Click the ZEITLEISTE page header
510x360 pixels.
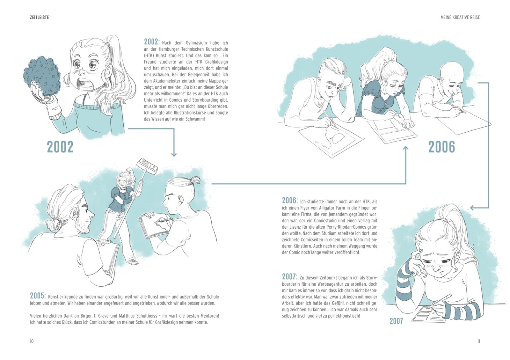(x=40, y=17)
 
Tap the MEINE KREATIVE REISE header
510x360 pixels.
(x=460, y=17)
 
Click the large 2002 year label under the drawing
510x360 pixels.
(x=60, y=147)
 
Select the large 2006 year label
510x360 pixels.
(x=441, y=147)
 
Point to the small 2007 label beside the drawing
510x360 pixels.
(x=396, y=321)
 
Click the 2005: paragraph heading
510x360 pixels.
(x=38, y=296)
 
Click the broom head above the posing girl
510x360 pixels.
(x=147, y=166)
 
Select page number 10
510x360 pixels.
(x=32, y=341)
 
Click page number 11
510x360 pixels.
(x=478, y=341)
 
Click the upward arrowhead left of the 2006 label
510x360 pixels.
(x=406, y=149)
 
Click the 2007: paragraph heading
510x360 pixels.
(x=290, y=277)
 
